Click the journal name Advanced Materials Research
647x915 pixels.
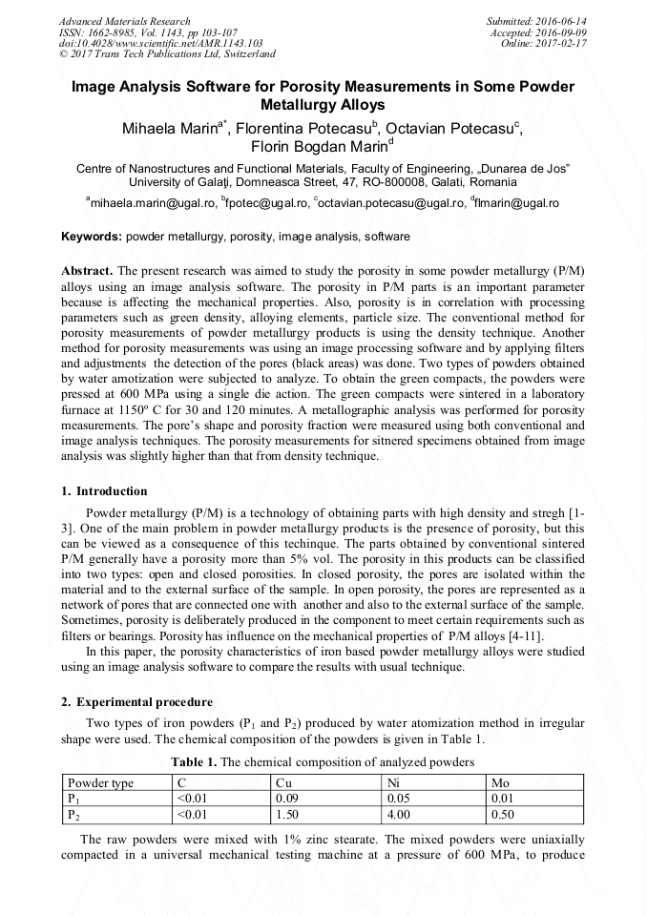coord(124,21)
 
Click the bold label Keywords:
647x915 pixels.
coord(92,236)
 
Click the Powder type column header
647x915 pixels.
coord(100,783)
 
